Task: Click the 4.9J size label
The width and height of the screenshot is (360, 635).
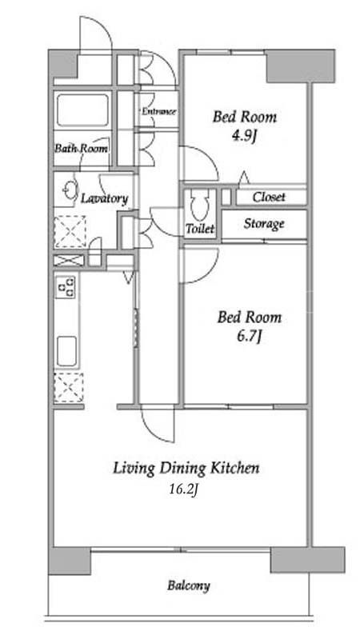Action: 245,138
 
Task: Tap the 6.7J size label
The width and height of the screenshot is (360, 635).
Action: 249,336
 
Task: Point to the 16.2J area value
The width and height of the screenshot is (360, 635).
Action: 184,489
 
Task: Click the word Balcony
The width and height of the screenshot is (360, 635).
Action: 189,585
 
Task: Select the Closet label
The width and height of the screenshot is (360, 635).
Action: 269,198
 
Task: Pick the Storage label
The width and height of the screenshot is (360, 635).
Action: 264,224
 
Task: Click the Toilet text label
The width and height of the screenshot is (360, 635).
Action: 200,229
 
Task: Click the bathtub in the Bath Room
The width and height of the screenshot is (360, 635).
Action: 82,110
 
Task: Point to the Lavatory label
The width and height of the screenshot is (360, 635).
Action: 105,198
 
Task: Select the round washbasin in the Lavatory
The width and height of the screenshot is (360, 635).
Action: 70,190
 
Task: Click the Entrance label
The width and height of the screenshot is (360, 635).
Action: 158,111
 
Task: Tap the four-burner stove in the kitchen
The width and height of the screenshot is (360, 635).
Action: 66,286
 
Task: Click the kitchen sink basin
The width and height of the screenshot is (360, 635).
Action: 66,351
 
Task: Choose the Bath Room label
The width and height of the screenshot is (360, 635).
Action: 82,149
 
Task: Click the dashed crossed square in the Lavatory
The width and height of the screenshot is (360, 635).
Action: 70,231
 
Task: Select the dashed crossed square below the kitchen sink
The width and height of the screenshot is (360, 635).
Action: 69,388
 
